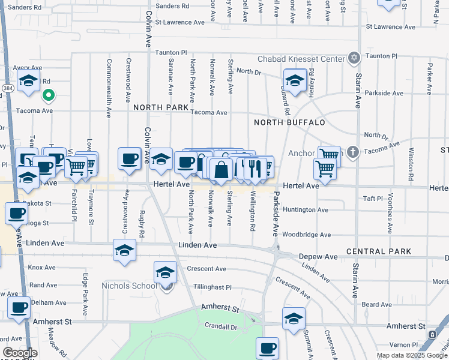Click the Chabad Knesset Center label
(303, 59)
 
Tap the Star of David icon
(354, 58)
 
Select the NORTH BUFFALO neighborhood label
(289, 122)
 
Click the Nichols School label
(127, 286)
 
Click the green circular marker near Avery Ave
(48, 95)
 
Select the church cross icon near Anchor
(354, 152)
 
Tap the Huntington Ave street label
(306, 210)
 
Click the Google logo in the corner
(20, 353)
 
